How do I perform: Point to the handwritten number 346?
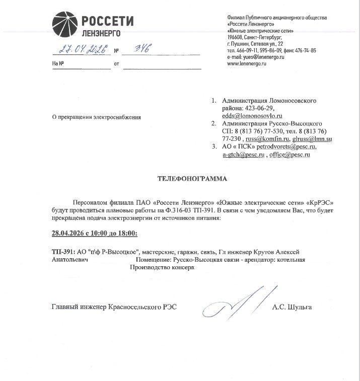pyautogui.click(x=136, y=49)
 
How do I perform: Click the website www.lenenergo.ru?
pyautogui.click(x=247, y=64)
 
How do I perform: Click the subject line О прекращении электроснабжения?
pyautogui.click(x=97, y=117)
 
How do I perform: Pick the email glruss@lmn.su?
pyautogui.click(x=312, y=139)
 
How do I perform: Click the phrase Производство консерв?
pyautogui.click(x=162, y=268)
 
